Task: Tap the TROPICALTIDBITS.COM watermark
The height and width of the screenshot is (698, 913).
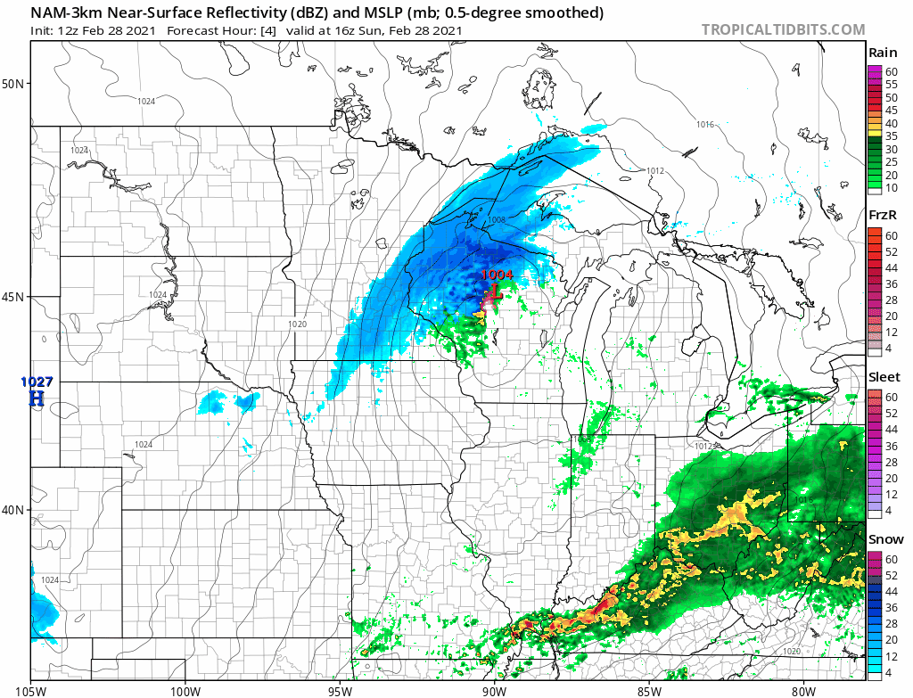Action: pyautogui.click(x=783, y=29)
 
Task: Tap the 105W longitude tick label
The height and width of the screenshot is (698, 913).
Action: pyautogui.click(x=31, y=689)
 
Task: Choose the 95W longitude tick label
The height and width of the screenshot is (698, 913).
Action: pyautogui.click(x=340, y=689)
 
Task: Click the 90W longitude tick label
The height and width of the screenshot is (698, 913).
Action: pyautogui.click(x=494, y=689)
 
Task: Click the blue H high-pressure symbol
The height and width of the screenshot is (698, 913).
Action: pyautogui.click(x=36, y=398)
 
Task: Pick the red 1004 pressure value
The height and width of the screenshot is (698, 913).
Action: pyautogui.click(x=497, y=275)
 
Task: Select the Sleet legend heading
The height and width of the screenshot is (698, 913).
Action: pyautogui.click(x=884, y=378)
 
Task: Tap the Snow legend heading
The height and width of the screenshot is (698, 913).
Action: pyautogui.click(x=884, y=539)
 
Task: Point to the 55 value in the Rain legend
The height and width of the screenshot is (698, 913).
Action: pyautogui.click(x=891, y=84)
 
